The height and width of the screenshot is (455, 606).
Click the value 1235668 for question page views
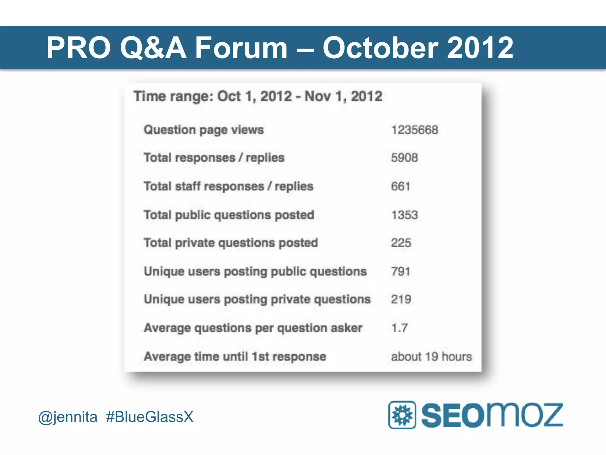pos(414,130)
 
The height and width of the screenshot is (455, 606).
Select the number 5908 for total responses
pos(404,158)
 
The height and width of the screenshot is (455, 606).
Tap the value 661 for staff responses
pos(400,186)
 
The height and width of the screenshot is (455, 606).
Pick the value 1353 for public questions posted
pos(404,215)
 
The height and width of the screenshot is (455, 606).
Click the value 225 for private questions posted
pos(401,243)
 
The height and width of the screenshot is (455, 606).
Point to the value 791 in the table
pos(400,271)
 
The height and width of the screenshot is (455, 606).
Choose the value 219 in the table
pos(401,299)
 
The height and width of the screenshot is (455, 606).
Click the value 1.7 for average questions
pos(399,328)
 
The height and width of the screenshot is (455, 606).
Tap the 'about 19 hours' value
pos(431,356)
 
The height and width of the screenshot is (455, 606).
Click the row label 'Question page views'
pos(204,130)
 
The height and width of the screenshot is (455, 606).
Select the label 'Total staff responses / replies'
pos(228,186)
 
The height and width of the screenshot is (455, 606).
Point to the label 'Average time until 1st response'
pos(235,356)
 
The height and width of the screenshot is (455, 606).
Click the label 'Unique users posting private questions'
pos(257,299)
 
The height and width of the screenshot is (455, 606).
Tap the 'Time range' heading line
pos(258,96)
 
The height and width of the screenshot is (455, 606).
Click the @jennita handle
pos(68,417)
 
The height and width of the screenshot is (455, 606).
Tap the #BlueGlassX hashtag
pos(149,417)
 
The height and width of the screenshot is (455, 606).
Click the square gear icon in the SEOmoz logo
pos(402,415)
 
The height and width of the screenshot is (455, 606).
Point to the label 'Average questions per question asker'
pos(253,328)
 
